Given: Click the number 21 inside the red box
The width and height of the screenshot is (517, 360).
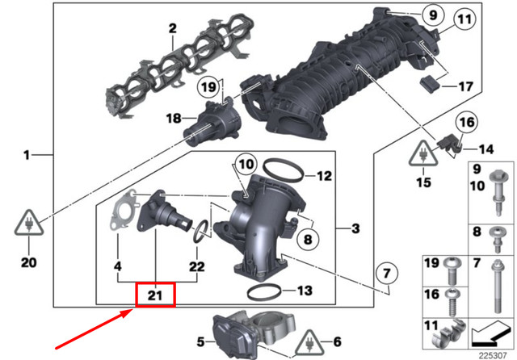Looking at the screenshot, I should click(x=156, y=296).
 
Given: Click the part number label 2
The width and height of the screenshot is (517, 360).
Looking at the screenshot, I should click(x=172, y=28).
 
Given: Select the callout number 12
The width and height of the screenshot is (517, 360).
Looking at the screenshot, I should click(x=323, y=175).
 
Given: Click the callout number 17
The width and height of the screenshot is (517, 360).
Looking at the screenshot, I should click(x=465, y=86).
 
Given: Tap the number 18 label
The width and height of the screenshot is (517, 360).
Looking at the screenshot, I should click(x=173, y=118).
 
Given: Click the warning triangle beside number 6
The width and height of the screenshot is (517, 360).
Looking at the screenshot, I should click(x=312, y=343).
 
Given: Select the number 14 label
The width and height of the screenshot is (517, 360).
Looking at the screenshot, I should click(x=484, y=149).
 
